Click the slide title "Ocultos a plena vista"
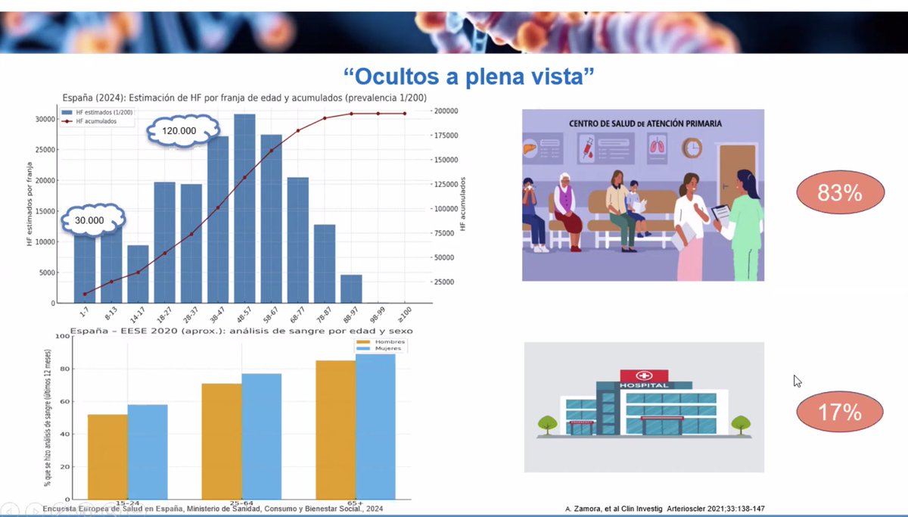469,76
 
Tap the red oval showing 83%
840,193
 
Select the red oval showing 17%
840,413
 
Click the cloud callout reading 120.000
179,130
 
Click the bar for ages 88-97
351,288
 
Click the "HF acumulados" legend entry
95,121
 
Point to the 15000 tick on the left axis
45,211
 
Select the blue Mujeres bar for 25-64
261,436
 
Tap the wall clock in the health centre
692,145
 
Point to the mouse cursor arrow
797,381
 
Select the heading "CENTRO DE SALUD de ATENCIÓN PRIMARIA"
643,123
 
